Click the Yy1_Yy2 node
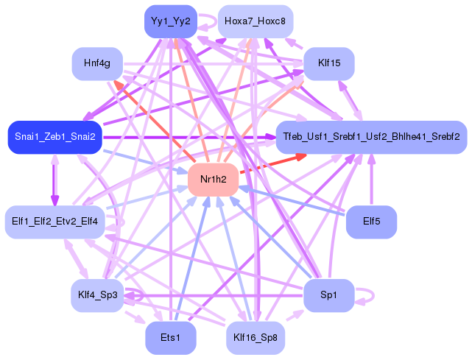pyautogui.click(x=170, y=21)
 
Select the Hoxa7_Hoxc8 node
pyautogui.click(x=256, y=21)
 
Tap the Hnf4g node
pyautogui.click(x=97, y=64)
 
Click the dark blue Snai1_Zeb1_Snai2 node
pyautogui.click(x=54, y=138)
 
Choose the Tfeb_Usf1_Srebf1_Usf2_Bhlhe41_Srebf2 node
pyautogui.click(x=371, y=138)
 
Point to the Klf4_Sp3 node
pyautogui.click(x=97, y=296)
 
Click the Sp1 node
pyautogui.click(x=328, y=296)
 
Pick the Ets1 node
pyautogui.click(x=170, y=338)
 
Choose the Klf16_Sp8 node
pyautogui.click(x=256, y=338)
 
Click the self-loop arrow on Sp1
pyautogui.click(x=366, y=297)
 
